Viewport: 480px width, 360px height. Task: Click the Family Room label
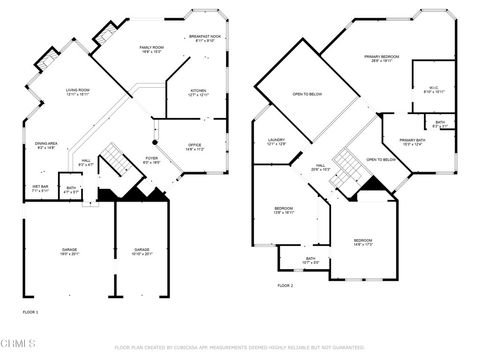point(153,49)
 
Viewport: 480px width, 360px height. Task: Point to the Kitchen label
point(199,92)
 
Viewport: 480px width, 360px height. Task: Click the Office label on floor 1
point(195,147)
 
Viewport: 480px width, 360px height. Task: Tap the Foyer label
point(152,158)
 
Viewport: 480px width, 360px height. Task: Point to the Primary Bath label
point(412,142)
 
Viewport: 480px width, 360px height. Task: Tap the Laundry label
point(277,142)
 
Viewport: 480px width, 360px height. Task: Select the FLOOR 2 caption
point(285,285)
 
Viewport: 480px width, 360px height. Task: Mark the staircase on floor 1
point(117,160)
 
